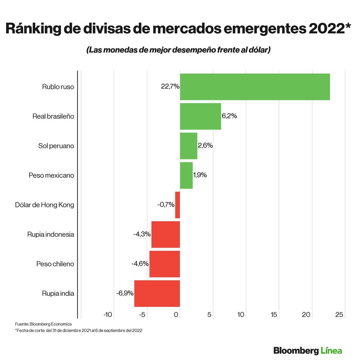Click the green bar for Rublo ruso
click(255, 87)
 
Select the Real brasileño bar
click(200, 116)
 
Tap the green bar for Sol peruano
click(188, 146)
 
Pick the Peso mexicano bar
click(186, 175)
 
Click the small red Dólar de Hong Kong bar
click(177, 205)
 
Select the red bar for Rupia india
click(157, 293)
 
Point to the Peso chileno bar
click(165, 264)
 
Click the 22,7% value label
click(170, 87)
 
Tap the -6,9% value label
click(125, 293)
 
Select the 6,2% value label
click(229, 116)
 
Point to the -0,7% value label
click(166, 205)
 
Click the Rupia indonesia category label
click(50, 234)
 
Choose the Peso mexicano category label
click(51, 175)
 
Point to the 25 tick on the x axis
click(339, 315)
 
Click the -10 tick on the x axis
click(108, 315)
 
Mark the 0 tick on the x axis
click(176, 315)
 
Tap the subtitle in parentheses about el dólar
click(178, 50)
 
